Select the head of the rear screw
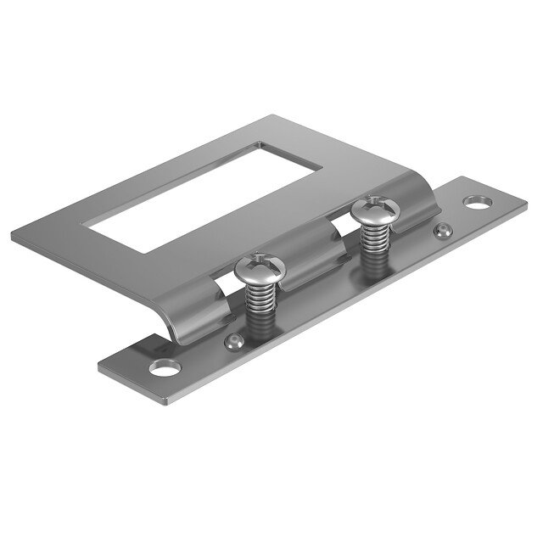pyautogui.click(x=373, y=209)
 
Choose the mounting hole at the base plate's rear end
pyautogui.click(x=477, y=203)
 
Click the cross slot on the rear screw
pyautogui.click(x=373, y=205)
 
